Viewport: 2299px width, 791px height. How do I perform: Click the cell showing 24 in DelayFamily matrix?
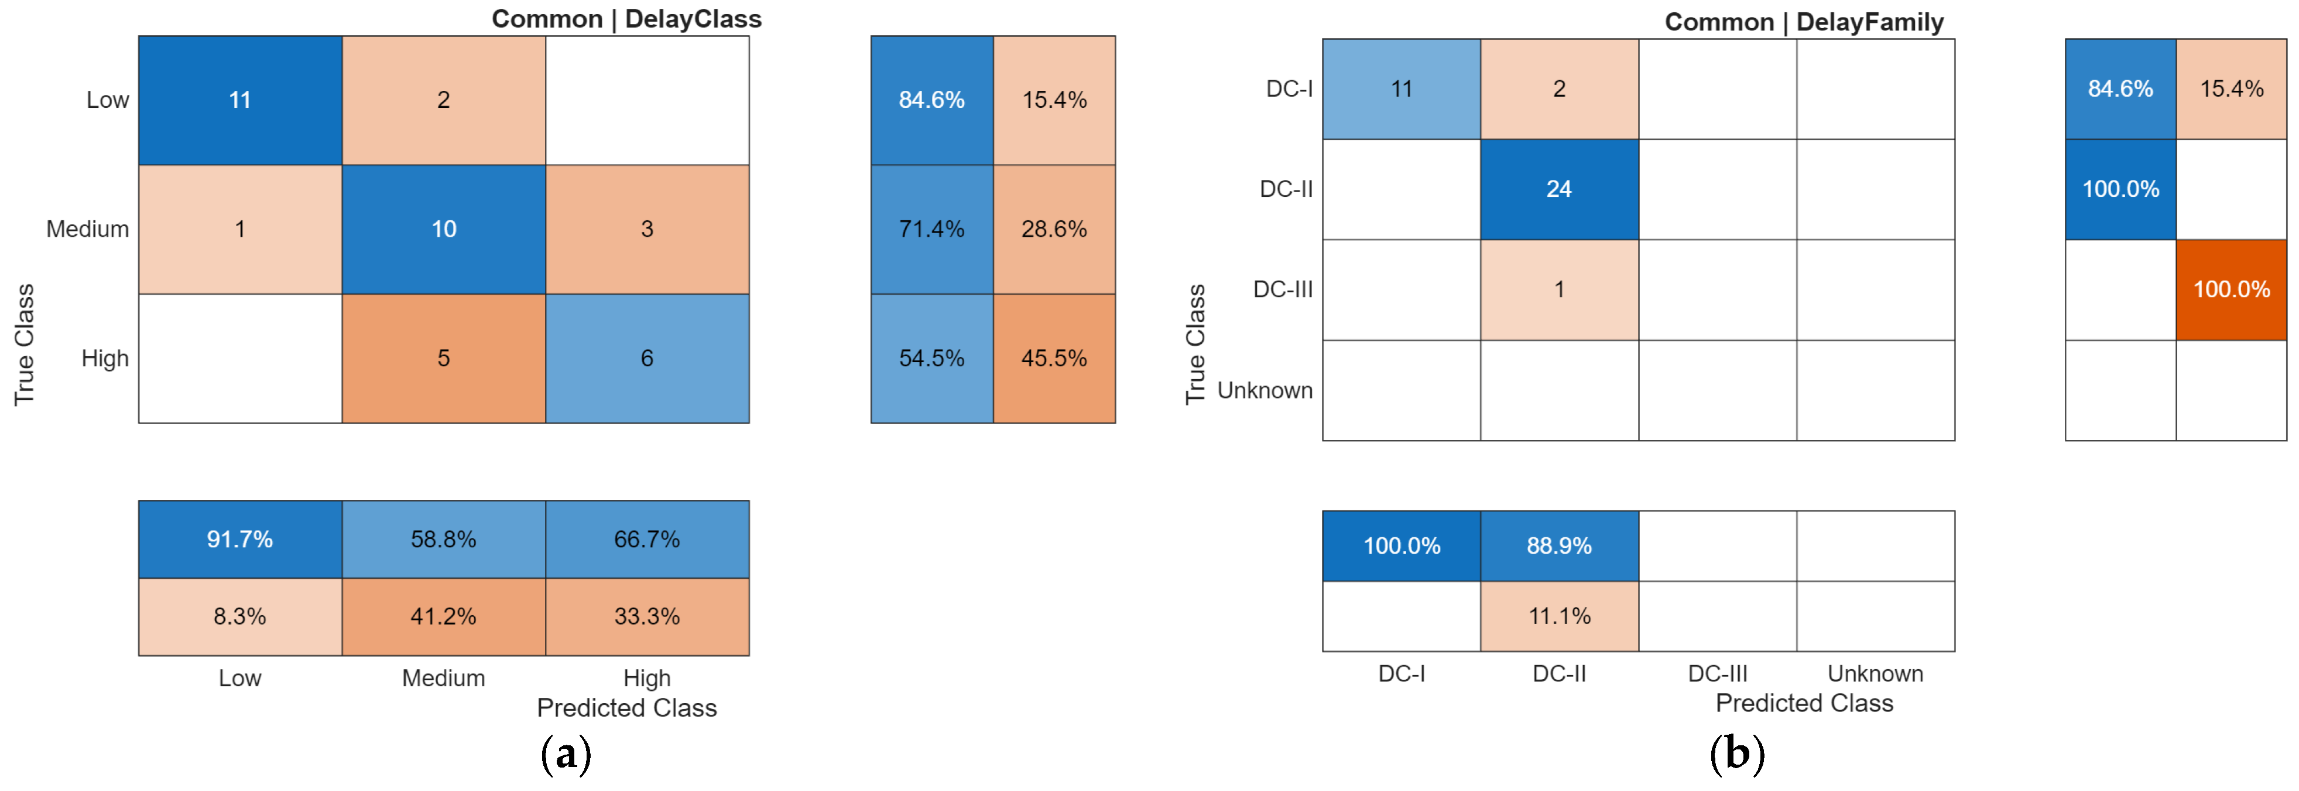point(1559,189)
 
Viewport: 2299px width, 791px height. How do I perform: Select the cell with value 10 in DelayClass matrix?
point(444,230)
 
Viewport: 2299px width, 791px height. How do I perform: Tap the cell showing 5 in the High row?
point(444,358)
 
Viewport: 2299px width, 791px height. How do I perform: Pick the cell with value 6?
point(647,358)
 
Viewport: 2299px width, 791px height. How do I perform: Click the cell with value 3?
point(647,230)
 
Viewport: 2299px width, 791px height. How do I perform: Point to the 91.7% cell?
point(240,539)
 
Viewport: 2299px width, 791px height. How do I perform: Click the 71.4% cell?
point(932,230)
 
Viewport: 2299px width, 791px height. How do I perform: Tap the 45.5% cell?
point(1054,358)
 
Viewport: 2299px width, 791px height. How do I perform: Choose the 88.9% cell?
point(1559,545)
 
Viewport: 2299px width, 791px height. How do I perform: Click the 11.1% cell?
point(1559,616)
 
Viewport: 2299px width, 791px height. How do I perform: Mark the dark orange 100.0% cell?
point(2231,289)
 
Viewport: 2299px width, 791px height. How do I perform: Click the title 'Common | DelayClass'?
point(626,19)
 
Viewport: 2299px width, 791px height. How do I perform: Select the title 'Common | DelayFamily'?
point(1804,22)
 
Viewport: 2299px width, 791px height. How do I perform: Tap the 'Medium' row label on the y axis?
point(87,230)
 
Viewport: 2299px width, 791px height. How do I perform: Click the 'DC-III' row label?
point(1283,289)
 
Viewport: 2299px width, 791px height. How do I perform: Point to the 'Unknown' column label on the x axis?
point(1875,673)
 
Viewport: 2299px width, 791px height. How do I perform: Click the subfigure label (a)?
point(566,755)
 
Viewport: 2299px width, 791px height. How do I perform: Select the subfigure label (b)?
point(1737,755)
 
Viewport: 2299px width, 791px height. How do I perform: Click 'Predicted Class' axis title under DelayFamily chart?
point(1804,704)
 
